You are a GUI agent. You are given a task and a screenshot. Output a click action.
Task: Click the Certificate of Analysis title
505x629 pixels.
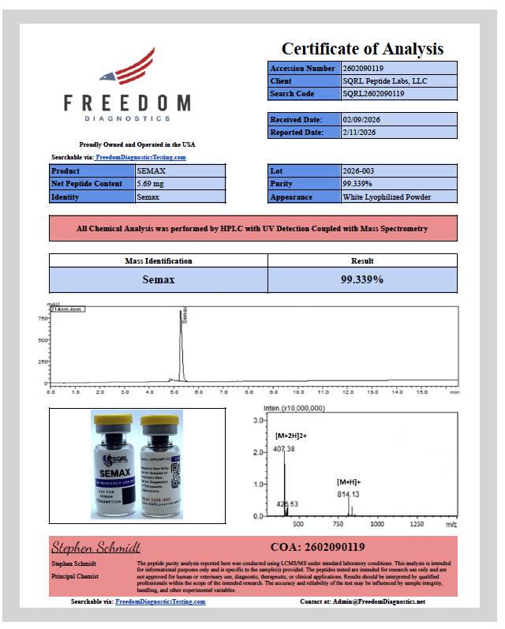tap(362, 49)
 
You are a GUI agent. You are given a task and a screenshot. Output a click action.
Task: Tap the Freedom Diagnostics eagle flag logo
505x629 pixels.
tap(127, 67)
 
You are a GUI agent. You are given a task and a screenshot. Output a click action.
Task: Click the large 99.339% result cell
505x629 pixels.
tap(362, 279)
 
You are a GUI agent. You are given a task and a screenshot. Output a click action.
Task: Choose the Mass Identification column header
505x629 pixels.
tap(159, 260)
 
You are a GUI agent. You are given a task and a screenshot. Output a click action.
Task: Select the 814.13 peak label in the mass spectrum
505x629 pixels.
tap(350, 494)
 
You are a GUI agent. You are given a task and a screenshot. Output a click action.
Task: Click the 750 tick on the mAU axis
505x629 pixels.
tap(42, 319)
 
